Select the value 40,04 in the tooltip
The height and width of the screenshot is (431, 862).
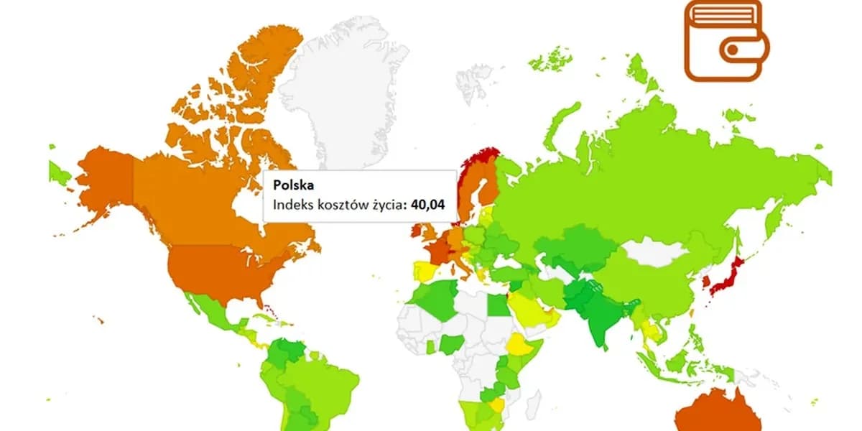pyautogui.click(x=427, y=205)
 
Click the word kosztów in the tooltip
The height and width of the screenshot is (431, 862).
pyautogui.click(x=340, y=205)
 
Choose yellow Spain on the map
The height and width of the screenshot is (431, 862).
pyautogui.click(x=424, y=272)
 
